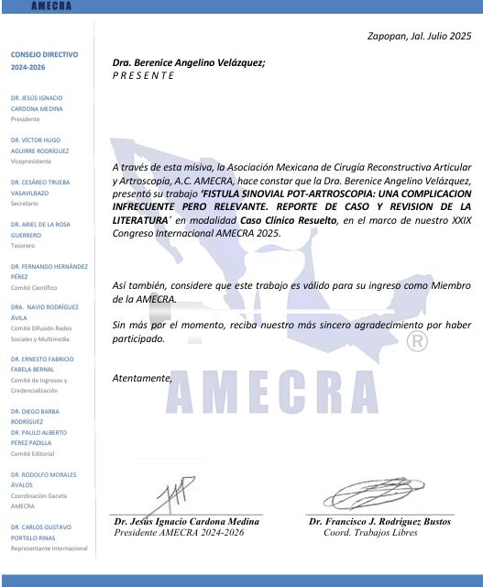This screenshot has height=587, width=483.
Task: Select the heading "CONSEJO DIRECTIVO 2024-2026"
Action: (x=44, y=61)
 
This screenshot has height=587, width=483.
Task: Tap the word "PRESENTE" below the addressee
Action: (x=142, y=75)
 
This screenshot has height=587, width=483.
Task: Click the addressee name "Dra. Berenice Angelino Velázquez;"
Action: (x=188, y=62)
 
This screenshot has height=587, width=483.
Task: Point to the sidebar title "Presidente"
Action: (x=26, y=119)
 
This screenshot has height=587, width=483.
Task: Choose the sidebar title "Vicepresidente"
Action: (x=30, y=161)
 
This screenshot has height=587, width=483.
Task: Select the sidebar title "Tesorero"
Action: (x=24, y=245)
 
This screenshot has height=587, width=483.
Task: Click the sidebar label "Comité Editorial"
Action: (x=33, y=453)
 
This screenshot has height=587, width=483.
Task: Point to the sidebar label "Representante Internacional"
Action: (x=49, y=548)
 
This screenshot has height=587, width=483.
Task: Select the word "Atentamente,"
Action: (x=141, y=378)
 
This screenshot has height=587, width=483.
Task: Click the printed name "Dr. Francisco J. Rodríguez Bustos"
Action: (x=379, y=522)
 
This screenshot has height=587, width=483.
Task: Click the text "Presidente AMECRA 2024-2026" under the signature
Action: (x=180, y=532)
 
